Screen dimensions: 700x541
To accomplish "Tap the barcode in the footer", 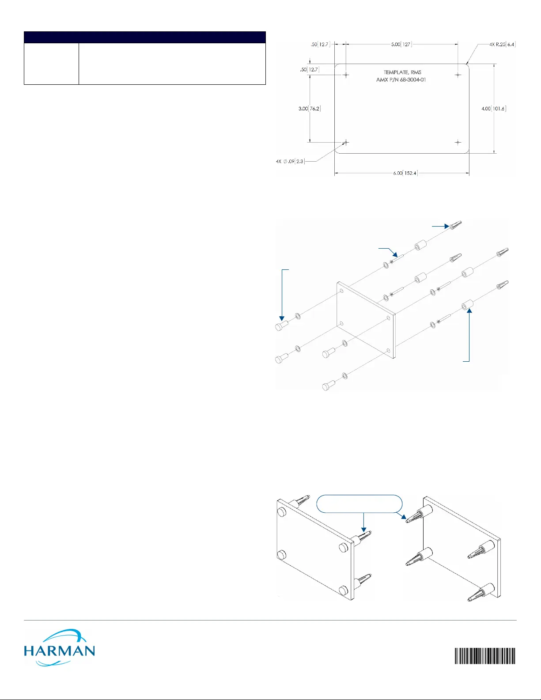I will tap(485, 656).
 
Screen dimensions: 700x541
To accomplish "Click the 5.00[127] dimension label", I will tap(401, 44).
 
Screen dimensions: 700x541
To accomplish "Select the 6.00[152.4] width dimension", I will tap(405, 173).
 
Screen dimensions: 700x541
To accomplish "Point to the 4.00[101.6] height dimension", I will tap(494, 109).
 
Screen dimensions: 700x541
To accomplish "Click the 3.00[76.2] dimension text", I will tap(310, 109).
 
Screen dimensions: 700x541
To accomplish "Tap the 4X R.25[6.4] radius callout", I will tap(502, 44).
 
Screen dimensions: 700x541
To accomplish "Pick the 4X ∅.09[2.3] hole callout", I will tap(290, 161).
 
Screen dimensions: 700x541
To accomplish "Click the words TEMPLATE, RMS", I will tap(402, 72).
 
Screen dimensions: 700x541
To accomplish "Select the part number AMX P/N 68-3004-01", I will tap(401, 80).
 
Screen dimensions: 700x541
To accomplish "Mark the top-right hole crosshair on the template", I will tap(458, 75).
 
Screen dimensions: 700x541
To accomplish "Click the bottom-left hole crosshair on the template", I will tap(346, 142).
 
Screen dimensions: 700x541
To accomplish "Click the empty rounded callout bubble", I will tap(359, 504).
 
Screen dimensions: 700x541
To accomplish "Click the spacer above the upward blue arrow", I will tap(468, 305).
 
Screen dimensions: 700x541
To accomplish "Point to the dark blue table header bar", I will tap(144, 37).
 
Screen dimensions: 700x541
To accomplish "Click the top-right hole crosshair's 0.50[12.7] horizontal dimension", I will tap(320, 44).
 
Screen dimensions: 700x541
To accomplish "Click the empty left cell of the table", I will tap(51, 64).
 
